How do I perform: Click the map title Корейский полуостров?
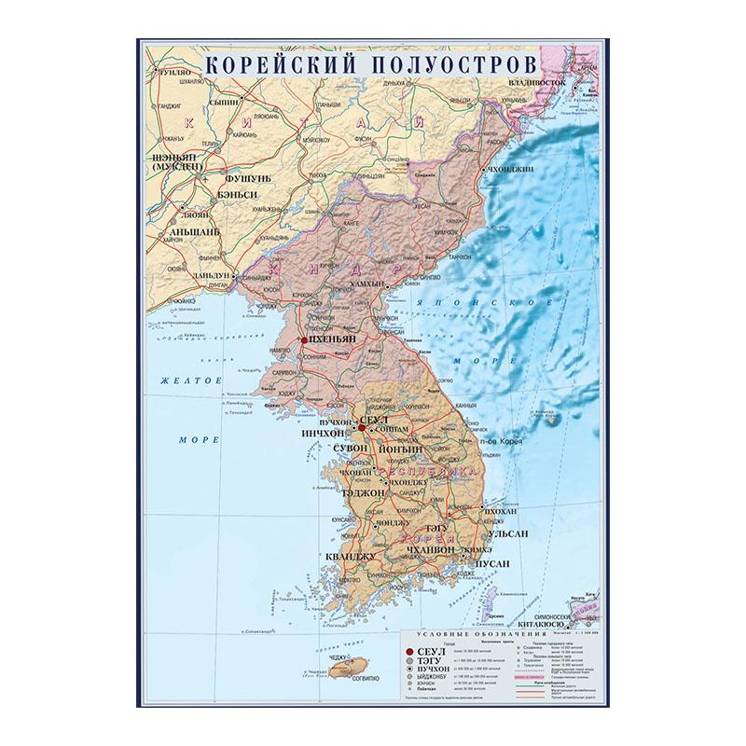(x=369, y=66)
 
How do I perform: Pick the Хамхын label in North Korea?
(x=364, y=283)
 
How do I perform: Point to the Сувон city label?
(x=350, y=448)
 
